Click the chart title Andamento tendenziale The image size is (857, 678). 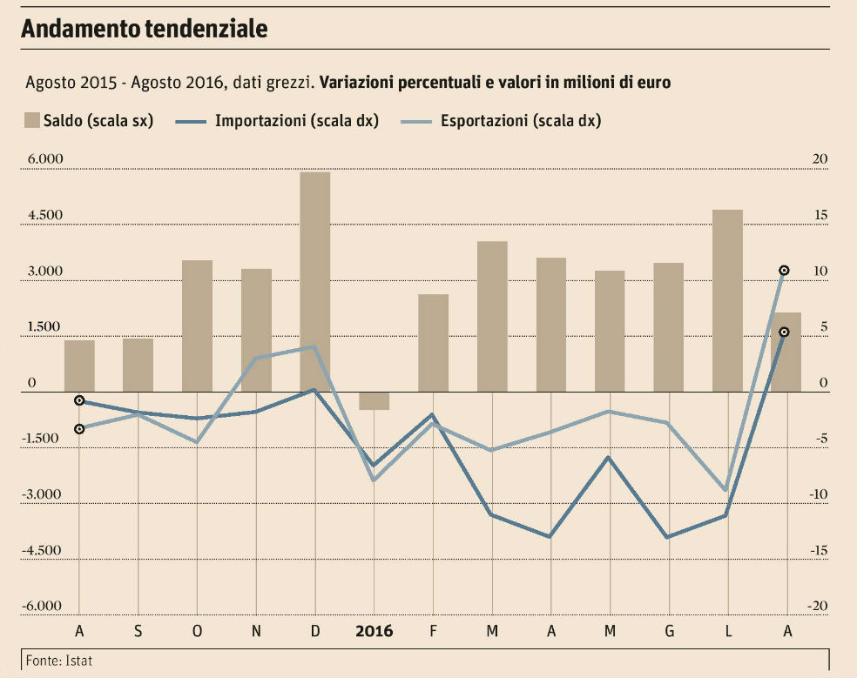point(144,29)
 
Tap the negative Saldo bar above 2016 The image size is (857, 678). point(374,400)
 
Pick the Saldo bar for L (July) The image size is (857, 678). point(727,300)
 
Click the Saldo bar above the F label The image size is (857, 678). point(433,343)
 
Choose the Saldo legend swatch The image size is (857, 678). point(32,121)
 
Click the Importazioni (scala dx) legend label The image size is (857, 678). point(296,121)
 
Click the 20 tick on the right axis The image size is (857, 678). point(820,159)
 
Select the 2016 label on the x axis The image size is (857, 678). point(374,631)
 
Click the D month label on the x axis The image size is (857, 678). point(314,631)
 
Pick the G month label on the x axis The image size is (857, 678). point(668,631)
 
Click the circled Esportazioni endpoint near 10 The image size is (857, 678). point(784,271)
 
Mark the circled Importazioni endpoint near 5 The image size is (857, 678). point(784,332)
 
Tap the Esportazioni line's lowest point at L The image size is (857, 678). point(725,490)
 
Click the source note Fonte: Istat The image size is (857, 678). point(58,661)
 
